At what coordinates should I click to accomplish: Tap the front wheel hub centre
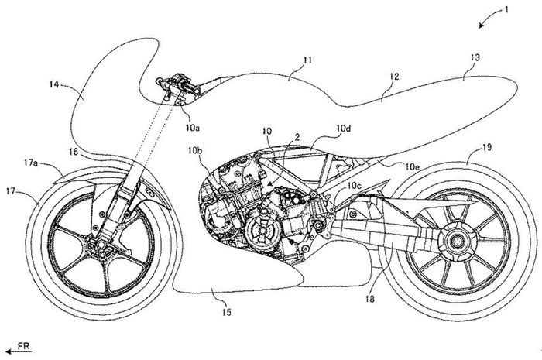point(99,245)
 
